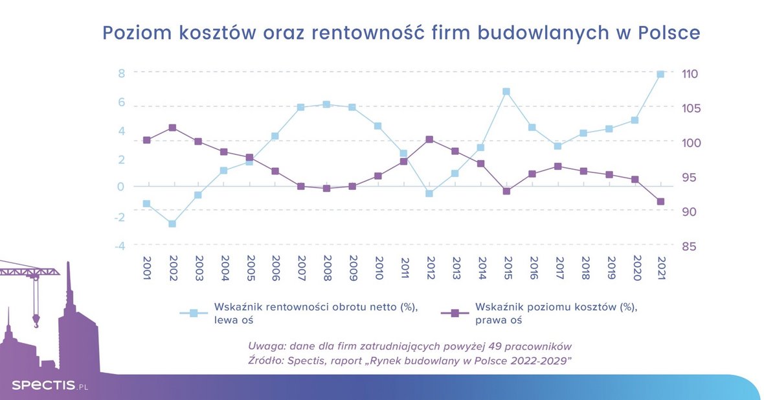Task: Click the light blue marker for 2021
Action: point(660,75)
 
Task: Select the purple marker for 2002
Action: point(172,128)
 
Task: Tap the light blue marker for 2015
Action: point(506,92)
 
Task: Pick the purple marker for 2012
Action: point(429,139)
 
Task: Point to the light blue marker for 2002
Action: point(172,224)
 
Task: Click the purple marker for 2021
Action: point(660,202)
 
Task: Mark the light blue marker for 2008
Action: point(326,104)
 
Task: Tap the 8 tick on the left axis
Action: point(121,73)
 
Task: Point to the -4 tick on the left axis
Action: point(119,246)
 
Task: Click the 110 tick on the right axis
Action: point(689,74)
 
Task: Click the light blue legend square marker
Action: point(193,313)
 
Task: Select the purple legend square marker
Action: point(455,313)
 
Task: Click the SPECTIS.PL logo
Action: point(49,386)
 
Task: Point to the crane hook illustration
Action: point(36,320)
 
